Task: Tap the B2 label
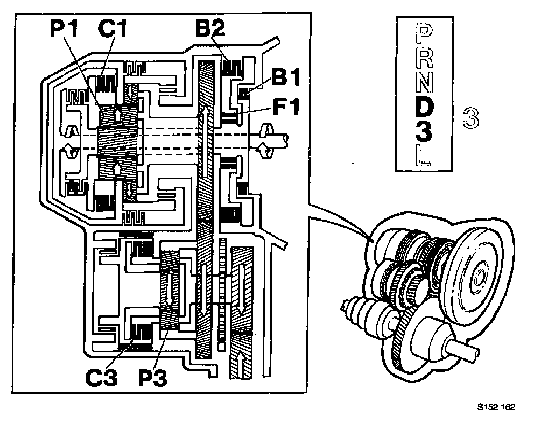[210, 29]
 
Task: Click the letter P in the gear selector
[425, 35]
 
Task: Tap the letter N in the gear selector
[425, 81]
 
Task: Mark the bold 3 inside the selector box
[425, 131]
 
